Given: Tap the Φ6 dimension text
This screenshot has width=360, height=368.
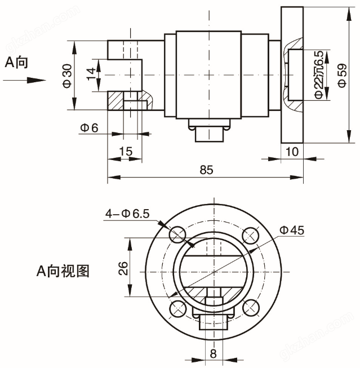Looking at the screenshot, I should coord(89,128).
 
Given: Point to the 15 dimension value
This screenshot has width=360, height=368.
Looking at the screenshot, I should coord(126,151).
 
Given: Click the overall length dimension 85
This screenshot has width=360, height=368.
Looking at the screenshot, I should coord(206,170).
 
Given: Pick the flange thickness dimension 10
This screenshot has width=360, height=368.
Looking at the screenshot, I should coord(292,151).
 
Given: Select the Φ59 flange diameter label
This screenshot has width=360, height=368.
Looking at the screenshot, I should coord(341,75).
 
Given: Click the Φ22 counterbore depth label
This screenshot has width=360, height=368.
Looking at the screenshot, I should coord(319,75).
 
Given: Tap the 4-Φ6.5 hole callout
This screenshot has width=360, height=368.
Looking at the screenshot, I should coord(127,213).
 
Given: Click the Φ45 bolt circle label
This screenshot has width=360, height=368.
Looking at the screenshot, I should coord(291,229).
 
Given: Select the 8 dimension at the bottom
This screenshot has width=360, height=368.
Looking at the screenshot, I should coord(213,354).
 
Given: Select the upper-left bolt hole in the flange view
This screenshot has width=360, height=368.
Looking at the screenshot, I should coord(177,234).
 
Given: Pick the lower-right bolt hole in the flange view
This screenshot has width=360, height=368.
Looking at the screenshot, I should coord(250,307).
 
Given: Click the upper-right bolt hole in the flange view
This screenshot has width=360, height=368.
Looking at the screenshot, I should coord(250,234).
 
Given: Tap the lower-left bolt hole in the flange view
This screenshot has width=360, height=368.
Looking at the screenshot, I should coord(177,307).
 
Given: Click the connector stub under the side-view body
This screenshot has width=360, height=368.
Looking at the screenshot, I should coord(208,134).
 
